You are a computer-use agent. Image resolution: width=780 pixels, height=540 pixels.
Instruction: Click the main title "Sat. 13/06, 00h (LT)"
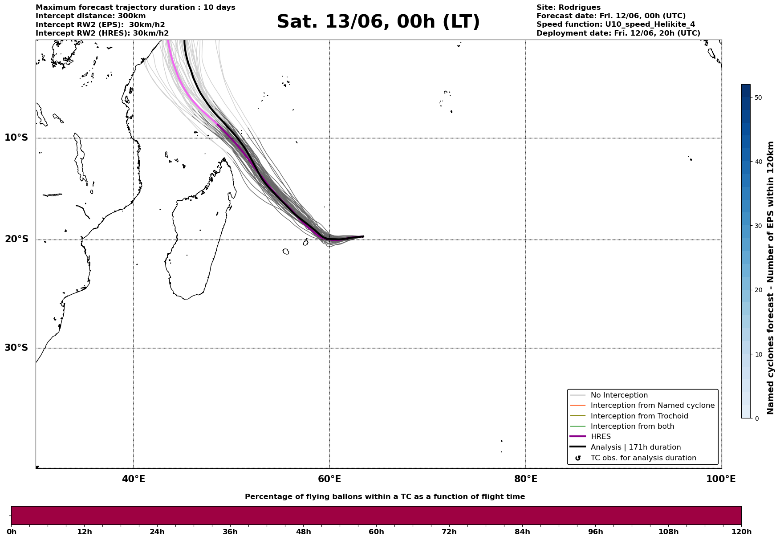coord(378,22)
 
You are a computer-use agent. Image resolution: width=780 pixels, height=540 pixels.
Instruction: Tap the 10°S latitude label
coord(16,138)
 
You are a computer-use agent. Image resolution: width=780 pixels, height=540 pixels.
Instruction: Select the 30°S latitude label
coord(16,348)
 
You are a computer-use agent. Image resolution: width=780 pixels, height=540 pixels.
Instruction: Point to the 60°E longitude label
coord(329,479)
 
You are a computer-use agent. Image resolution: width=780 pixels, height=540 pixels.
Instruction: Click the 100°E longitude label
coord(721,479)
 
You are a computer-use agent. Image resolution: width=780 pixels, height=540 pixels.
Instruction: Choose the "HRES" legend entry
coord(601,437)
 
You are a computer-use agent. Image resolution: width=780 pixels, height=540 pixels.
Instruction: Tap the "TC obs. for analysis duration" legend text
coord(643,458)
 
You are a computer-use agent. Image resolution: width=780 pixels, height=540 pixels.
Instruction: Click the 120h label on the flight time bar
coord(741,532)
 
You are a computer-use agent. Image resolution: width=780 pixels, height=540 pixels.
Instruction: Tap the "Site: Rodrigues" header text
coord(569,8)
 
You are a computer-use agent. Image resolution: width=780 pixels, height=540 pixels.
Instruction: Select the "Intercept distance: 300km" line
coord(85,16)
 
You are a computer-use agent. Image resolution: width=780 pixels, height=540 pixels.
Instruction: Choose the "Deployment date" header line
coord(618,33)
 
